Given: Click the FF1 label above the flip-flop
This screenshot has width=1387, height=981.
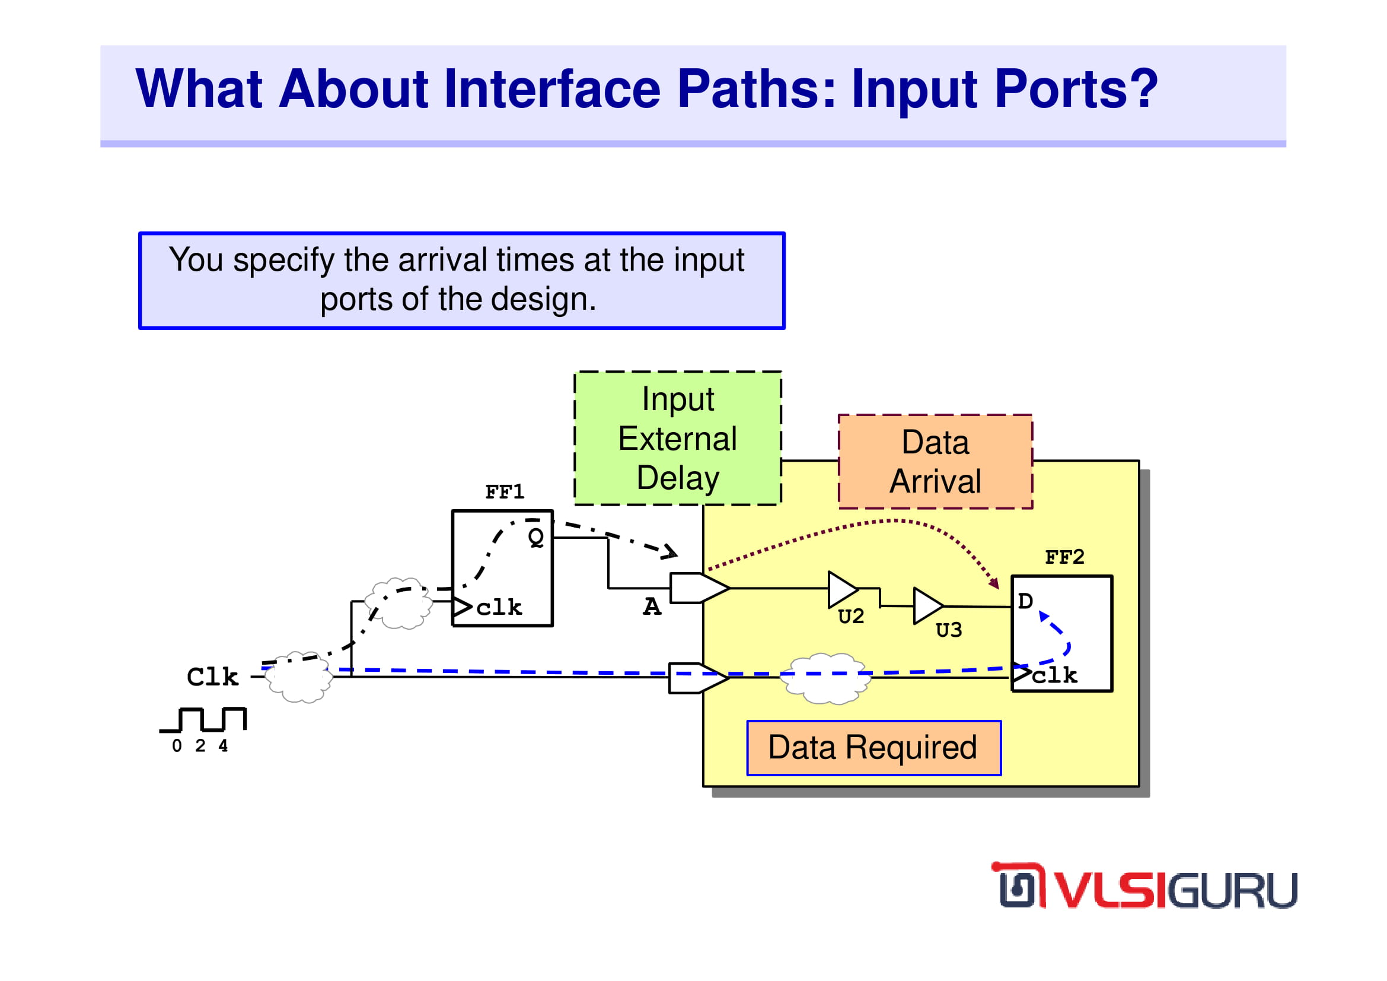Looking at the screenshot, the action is [x=505, y=491].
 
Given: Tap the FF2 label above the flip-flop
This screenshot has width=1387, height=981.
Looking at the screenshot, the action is [x=1064, y=557].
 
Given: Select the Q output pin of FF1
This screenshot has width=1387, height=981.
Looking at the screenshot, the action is [x=536, y=536].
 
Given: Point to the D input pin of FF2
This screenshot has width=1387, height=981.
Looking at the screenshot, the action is [x=1025, y=601].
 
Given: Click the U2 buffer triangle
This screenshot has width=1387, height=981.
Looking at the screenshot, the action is [x=842, y=589].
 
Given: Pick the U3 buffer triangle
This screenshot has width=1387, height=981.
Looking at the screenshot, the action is [x=928, y=606].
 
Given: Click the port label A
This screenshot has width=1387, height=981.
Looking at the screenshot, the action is [x=652, y=607].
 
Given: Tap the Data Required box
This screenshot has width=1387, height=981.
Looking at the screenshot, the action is [x=873, y=748].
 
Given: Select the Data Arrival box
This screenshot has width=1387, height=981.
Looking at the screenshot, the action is [x=935, y=462].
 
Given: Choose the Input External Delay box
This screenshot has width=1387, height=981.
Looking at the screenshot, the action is [x=678, y=438].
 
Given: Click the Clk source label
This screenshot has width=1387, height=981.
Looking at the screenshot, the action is [x=212, y=677].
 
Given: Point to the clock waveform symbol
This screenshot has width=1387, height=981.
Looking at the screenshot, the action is [x=203, y=719].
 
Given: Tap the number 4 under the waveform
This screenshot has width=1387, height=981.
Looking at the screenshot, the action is [x=223, y=746].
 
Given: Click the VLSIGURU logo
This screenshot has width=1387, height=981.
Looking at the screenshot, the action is [x=1144, y=885].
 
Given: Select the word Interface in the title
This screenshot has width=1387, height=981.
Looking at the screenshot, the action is [x=552, y=89].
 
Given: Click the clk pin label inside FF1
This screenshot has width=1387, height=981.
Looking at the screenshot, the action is [x=499, y=608].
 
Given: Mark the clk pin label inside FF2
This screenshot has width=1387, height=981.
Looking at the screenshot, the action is [x=1055, y=675].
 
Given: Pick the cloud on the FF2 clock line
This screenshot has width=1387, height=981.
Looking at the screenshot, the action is [x=826, y=678].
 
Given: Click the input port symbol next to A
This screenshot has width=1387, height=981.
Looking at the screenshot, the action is [x=700, y=588].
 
